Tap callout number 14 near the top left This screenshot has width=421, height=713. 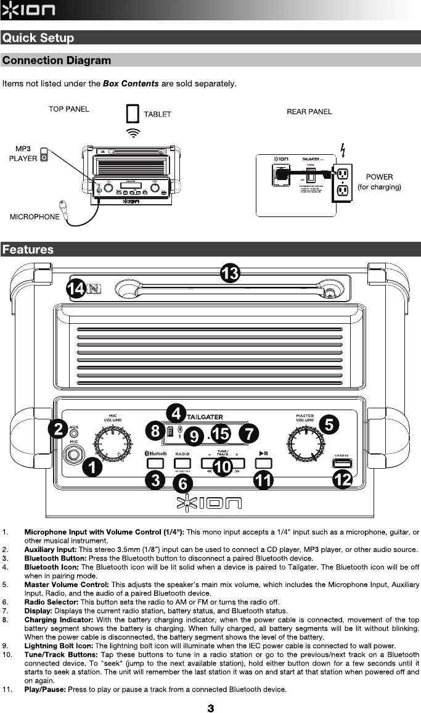(76, 289)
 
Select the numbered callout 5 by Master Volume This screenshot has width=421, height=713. (329, 424)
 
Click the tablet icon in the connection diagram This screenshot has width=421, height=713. (133, 114)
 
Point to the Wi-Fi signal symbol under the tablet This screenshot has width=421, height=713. (133, 132)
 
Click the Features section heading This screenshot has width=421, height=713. (28, 250)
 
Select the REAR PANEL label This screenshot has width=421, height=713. (309, 112)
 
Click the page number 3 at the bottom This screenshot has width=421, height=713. (211, 708)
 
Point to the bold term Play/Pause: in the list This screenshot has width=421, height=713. (45, 689)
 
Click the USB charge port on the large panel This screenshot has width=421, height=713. (341, 463)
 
